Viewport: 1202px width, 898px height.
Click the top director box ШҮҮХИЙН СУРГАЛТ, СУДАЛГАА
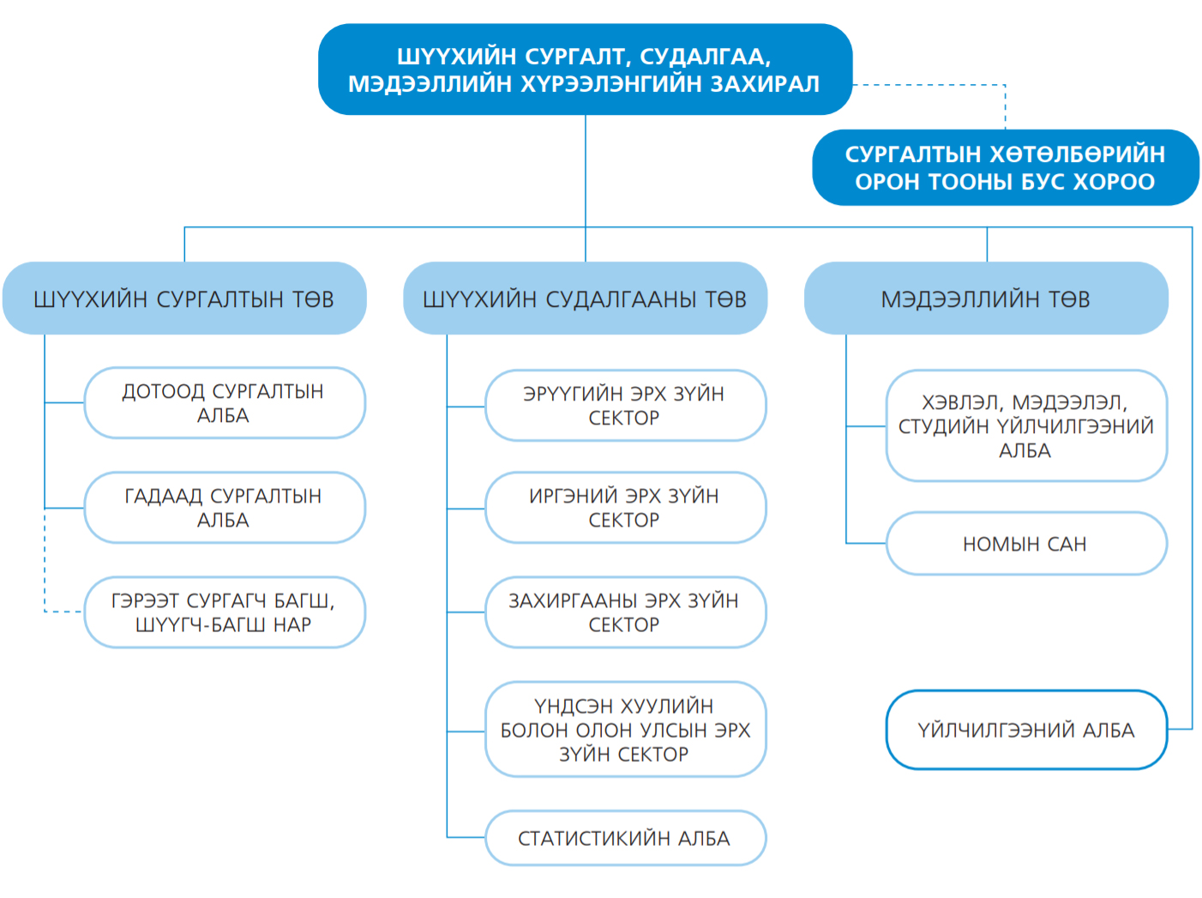click(x=585, y=69)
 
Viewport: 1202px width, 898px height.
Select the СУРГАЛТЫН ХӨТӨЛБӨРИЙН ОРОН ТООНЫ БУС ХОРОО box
click(x=1005, y=167)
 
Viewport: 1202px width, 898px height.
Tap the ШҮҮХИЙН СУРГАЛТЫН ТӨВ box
click(x=184, y=298)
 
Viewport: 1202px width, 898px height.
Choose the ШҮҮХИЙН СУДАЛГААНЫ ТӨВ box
click(x=585, y=298)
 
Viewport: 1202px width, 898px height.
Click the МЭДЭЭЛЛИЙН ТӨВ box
click(x=986, y=298)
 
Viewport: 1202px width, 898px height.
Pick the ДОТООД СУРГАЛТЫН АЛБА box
click(x=225, y=403)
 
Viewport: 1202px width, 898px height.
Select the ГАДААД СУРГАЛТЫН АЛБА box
click(x=225, y=508)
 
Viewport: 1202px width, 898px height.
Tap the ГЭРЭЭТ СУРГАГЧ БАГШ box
click(x=225, y=612)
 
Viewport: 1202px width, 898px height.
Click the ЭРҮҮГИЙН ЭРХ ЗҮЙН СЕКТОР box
click(x=625, y=406)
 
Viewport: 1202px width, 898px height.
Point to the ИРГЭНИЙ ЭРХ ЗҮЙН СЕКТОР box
click(x=625, y=508)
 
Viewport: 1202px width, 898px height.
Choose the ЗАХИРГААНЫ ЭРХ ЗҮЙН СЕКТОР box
click(x=625, y=612)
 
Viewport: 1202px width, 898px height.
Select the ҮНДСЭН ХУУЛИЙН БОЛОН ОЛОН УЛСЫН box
click(x=625, y=729)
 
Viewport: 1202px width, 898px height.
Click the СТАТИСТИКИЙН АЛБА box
click(x=625, y=838)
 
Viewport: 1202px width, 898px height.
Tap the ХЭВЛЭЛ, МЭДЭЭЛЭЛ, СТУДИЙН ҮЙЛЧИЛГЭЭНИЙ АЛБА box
click(x=1026, y=426)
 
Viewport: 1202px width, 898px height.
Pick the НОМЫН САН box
click(x=1026, y=544)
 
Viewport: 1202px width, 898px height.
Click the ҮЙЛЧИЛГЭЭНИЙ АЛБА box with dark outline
click(x=1026, y=730)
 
